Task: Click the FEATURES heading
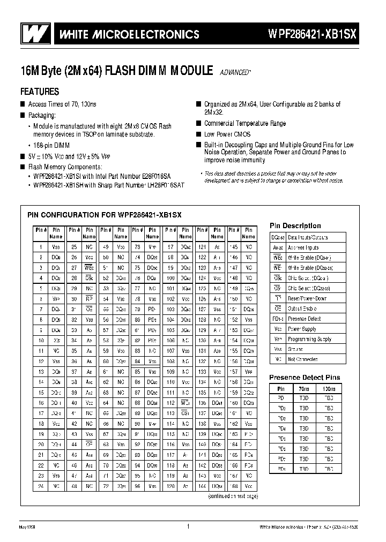(x=40, y=92)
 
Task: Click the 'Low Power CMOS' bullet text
(x=227, y=134)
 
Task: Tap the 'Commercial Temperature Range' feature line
(x=244, y=124)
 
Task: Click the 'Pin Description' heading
(x=295, y=225)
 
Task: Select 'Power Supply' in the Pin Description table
(x=302, y=329)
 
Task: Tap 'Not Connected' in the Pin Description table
(x=302, y=359)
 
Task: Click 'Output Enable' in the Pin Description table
(x=302, y=308)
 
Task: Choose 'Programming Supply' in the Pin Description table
(x=310, y=339)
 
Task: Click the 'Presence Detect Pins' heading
(x=304, y=377)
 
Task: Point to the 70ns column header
(x=303, y=388)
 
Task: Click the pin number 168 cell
(x=233, y=486)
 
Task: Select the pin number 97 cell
(x=169, y=247)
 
